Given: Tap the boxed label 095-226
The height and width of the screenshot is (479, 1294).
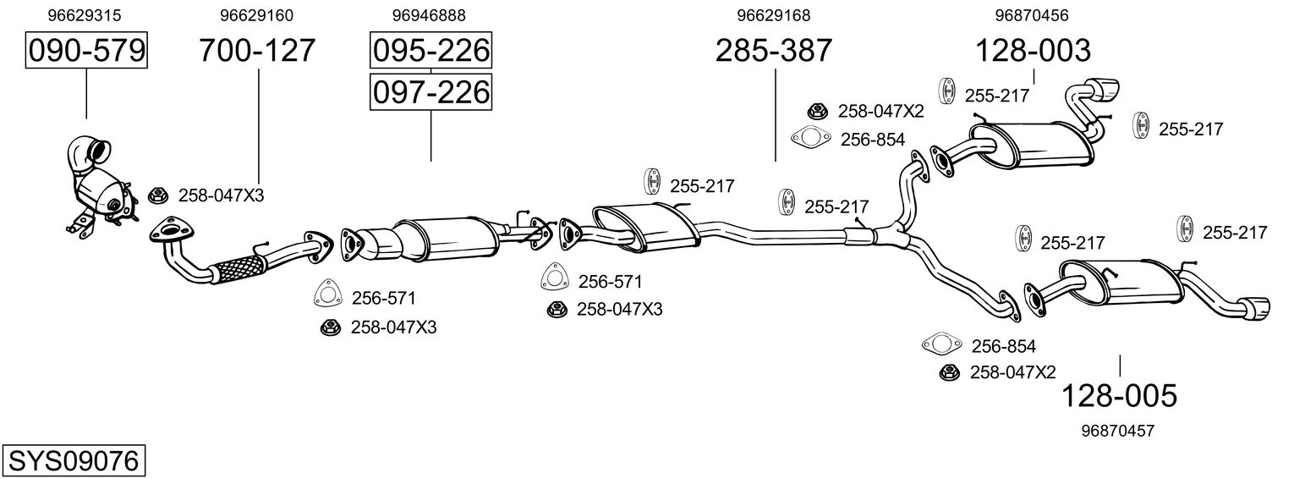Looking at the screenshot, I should click(x=430, y=51).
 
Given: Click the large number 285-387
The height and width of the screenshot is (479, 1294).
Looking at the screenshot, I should click(x=774, y=51).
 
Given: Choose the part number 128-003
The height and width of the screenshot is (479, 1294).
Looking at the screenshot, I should click(x=1034, y=51).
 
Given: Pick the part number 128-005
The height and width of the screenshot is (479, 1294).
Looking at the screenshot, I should click(x=1119, y=395).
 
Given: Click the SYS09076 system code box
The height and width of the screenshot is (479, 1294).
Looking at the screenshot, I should click(x=73, y=461).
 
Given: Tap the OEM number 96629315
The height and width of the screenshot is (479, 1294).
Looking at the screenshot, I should click(x=84, y=15).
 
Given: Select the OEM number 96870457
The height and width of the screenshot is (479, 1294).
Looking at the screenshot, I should click(x=1117, y=431).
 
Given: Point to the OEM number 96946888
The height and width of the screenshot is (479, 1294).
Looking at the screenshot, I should click(x=429, y=15).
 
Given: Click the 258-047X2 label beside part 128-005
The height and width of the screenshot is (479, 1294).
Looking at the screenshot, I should click(x=1012, y=372).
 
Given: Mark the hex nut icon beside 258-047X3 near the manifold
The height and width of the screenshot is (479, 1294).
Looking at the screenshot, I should click(x=157, y=195).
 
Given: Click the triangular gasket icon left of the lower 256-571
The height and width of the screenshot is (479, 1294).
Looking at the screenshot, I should click(x=326, y=294).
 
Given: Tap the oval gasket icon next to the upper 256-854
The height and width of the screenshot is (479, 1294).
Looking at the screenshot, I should click(x=809, y=138).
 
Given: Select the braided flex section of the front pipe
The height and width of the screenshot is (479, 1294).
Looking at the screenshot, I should click(x=235, y=270).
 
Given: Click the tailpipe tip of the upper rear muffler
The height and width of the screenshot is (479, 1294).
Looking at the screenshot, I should click(x=1105, y=89).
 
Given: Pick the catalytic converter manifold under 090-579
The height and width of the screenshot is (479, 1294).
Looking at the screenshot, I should click(x=97, y=182).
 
